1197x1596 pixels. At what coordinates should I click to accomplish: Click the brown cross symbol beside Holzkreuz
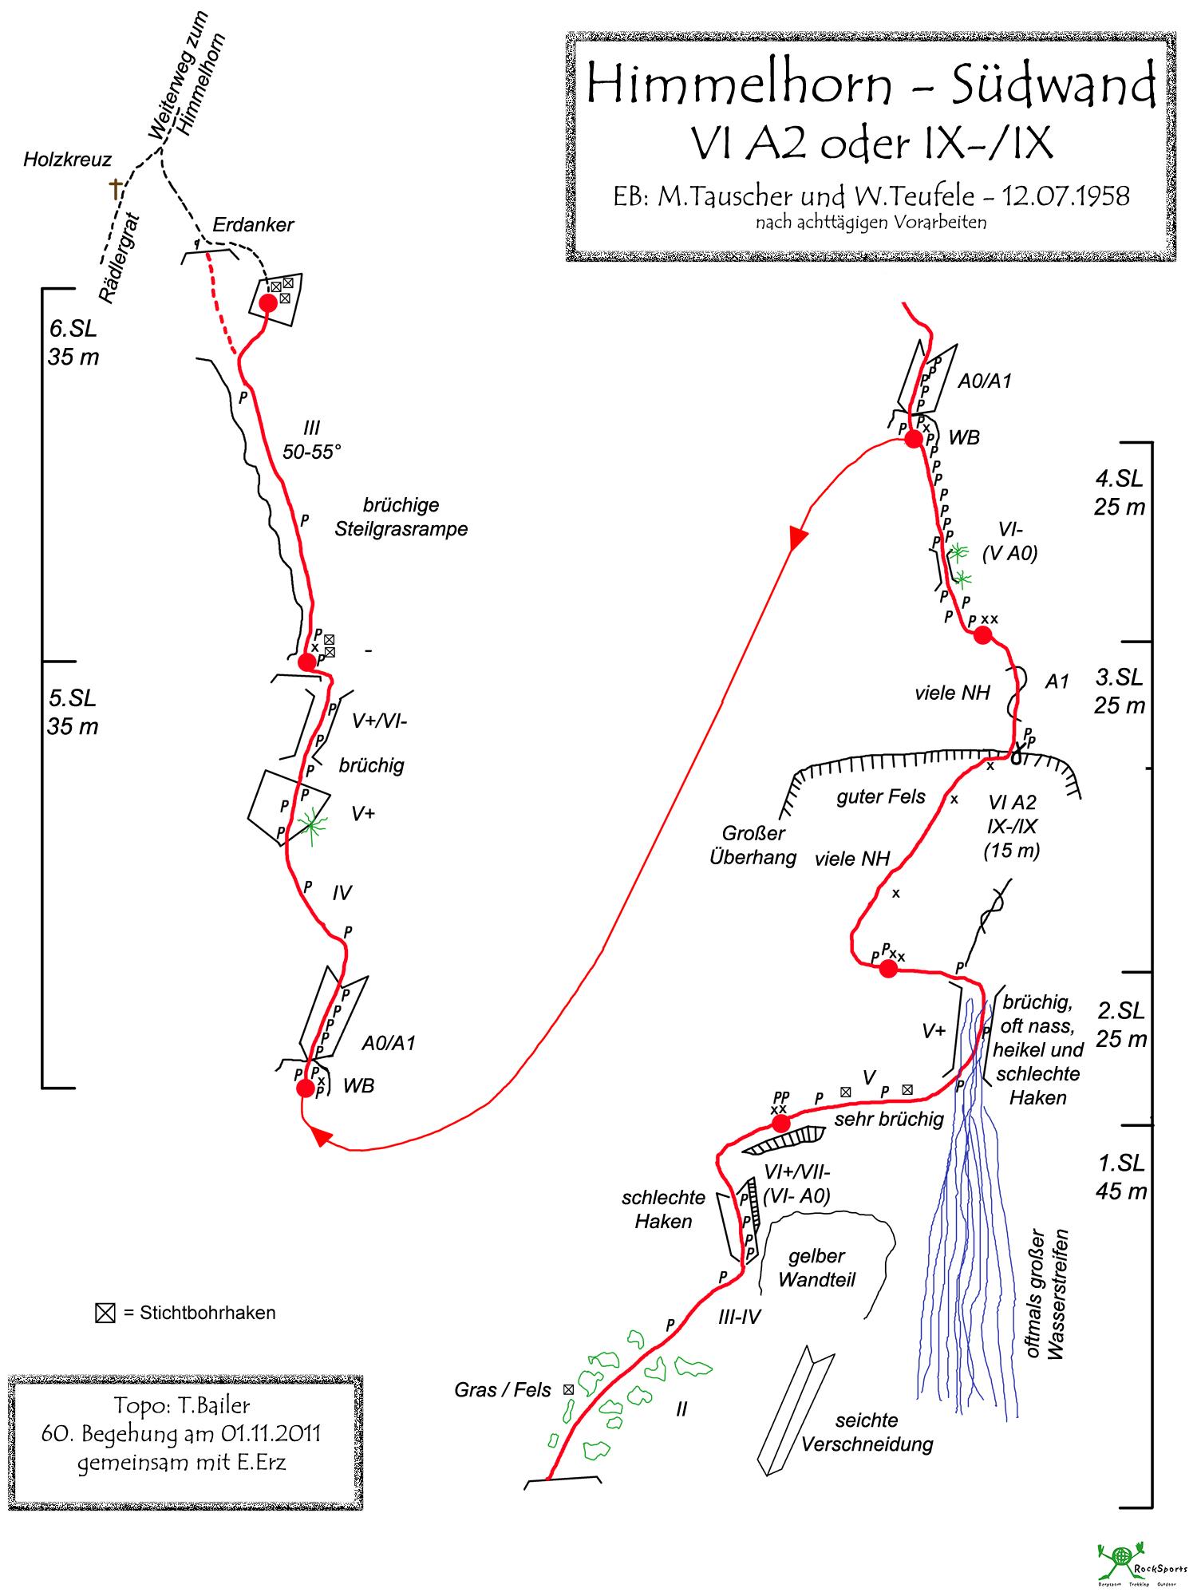coord(117,189)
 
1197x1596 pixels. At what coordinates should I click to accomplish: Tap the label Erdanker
coord(253,225)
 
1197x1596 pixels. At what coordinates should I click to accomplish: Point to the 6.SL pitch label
coord(73,329)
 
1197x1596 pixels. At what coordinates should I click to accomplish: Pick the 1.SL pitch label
coord(1120,1162)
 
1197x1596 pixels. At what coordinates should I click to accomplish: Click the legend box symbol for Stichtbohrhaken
coord(105,1313)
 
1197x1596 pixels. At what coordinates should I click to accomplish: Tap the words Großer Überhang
coord(753,845)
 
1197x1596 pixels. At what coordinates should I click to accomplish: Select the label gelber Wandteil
coord(816,1268)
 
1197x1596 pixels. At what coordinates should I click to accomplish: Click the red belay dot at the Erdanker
coord(268,303)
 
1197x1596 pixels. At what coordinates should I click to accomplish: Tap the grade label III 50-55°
coord(311,440)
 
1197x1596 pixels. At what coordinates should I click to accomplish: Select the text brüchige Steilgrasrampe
coord(401,517)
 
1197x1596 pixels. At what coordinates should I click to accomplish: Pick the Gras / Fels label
coord(503,1390)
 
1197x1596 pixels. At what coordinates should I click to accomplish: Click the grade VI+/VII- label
coord(796,1172)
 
